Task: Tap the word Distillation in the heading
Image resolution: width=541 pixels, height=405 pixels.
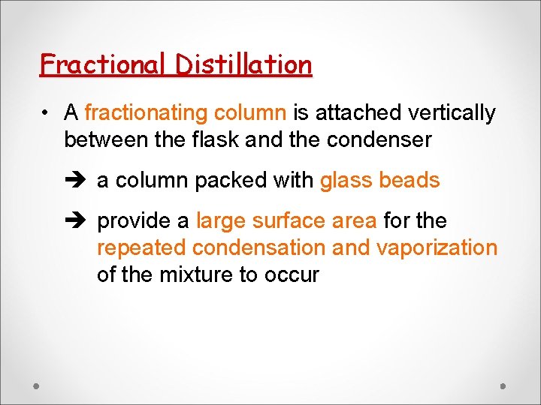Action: coord(243,64)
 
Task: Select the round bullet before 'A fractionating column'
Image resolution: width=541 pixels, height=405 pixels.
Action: coord(47,113)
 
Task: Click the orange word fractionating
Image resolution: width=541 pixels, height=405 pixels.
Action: coord(147,113)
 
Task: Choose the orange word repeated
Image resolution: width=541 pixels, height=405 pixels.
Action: coord(141,248)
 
